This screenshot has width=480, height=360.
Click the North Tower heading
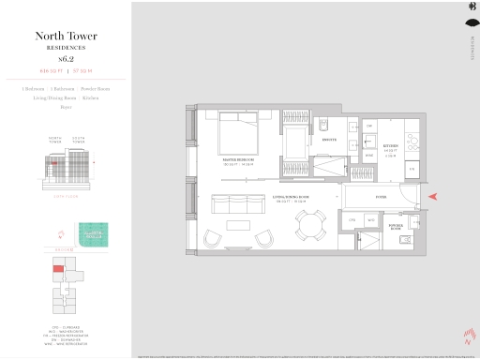click(66, 37)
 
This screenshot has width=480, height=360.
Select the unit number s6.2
click(66, 58)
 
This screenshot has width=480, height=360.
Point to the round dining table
click(308, 224)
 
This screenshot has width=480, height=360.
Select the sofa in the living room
click(238, 202)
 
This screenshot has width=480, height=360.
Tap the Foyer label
click(382, 197)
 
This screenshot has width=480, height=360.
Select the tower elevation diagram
click(66, 169)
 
